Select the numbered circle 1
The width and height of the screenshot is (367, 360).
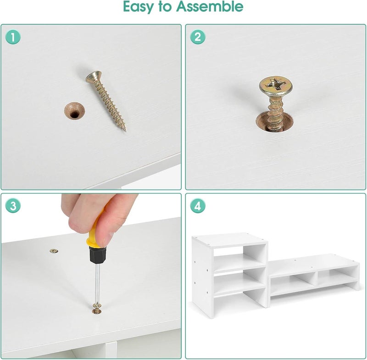click(13, 37)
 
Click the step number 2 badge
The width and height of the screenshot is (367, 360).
click(198, 37)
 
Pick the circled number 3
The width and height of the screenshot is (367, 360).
click(13, 206)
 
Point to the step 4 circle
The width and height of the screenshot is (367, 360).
click(198, 206)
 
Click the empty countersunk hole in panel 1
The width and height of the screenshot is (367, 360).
click(74, 111)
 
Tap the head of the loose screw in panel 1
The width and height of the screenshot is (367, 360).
click(94, 77)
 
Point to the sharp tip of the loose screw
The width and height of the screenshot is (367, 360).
click(125, 131)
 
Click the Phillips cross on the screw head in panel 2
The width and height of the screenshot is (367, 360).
click(276, 85)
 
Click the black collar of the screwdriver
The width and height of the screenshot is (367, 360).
click(97, 255)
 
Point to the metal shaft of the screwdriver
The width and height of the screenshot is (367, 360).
click(97, 283)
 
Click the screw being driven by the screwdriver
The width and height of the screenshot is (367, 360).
click(96, 309)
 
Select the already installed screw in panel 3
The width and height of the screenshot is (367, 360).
click(54, 251)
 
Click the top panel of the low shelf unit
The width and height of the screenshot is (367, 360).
click(314, 264)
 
